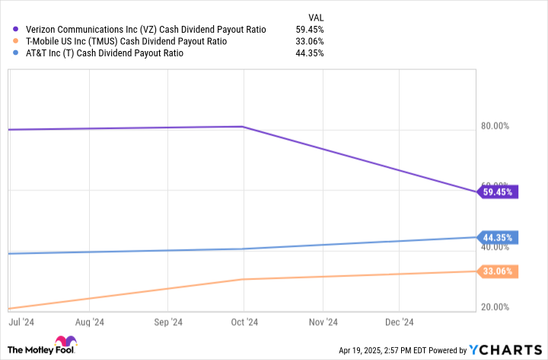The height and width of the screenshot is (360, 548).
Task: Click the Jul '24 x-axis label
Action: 21,323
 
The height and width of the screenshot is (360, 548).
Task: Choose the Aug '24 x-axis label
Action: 90,323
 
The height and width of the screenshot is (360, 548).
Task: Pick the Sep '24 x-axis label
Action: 167,323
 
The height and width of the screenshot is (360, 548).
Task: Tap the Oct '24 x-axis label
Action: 244,323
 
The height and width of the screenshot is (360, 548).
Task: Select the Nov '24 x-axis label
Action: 322,323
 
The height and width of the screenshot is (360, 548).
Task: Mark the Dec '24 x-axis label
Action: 398,323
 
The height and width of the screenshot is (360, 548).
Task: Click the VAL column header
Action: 314,15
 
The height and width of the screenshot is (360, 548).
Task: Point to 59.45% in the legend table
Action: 310,29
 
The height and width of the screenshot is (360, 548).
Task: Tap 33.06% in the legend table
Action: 310,41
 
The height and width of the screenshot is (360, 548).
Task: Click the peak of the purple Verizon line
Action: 242,126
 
